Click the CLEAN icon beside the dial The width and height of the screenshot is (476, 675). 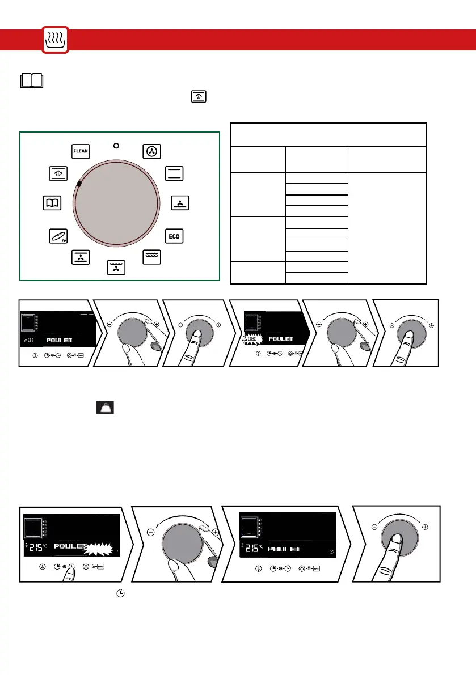(x=81, y=151)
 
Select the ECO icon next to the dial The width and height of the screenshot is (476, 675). (x=174, y=236)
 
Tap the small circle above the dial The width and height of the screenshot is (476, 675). (x=116, y=146)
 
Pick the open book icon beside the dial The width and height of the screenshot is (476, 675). (x=52, y=203)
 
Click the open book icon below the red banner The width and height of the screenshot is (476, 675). (x=32, y=80)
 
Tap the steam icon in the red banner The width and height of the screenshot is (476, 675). (x=55, y=40)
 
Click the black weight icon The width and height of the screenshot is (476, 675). (x=105, y=407)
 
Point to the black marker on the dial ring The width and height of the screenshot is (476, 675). (x=79, y=184)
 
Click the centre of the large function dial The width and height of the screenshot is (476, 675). (x=116, y=203)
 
